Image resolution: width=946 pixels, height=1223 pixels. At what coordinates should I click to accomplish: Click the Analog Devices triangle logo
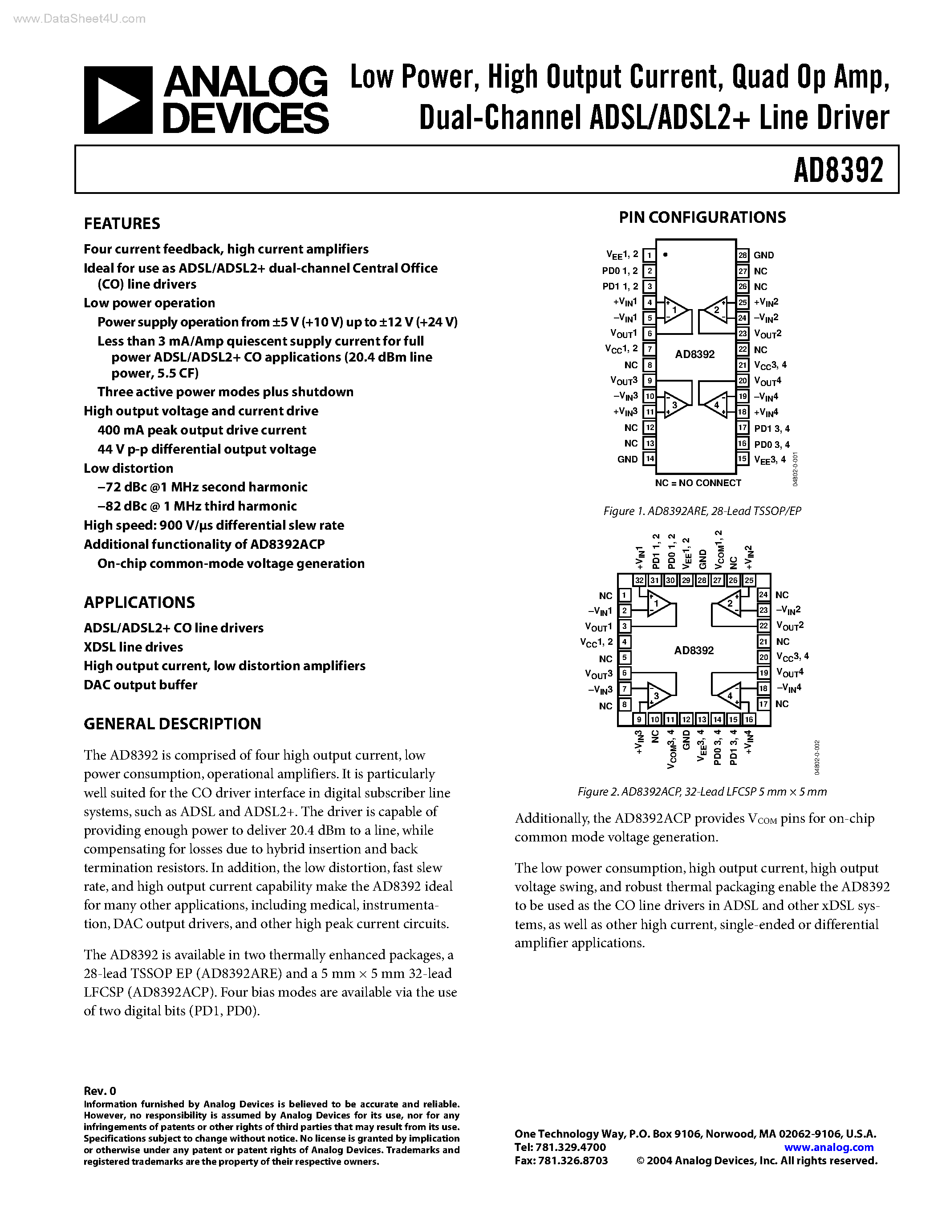[118, 100]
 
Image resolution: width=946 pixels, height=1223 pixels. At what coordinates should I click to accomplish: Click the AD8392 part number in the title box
[838, 170]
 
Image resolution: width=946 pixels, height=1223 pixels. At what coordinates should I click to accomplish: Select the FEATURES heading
[122, 223]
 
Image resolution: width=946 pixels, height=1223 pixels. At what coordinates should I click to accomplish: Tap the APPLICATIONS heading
[139, 603]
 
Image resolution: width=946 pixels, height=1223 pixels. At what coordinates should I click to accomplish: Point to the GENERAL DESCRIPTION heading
[172, 724]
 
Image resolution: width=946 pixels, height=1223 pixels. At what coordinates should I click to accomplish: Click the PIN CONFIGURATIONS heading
[702, 217]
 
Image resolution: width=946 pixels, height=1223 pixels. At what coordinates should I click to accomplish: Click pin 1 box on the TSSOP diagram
[649, 255]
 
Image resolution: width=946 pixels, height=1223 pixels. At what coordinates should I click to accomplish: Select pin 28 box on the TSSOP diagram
[743, 255]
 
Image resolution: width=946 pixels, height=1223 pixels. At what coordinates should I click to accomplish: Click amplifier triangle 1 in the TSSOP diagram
[675, 310]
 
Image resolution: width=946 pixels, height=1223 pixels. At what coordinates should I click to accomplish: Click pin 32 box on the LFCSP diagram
[639, 580]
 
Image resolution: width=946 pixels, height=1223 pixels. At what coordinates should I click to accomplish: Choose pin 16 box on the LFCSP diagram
[749, 719]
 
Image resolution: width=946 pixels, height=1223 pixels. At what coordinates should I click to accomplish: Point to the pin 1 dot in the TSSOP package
[665, 255]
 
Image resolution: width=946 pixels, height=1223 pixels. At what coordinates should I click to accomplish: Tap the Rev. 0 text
[100, 1091]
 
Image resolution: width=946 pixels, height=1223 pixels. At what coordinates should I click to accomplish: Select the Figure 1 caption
[702, 511]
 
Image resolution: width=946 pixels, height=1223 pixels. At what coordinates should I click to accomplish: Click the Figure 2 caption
[702, 791]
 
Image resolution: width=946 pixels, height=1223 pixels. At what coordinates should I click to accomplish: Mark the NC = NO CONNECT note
[698, 483]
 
